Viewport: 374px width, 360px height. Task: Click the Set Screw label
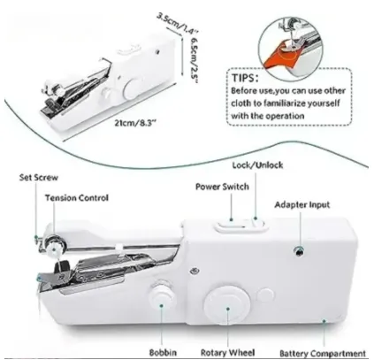pyautogui.click(x=39, y=178)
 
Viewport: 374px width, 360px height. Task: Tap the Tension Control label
pyautogui.click(x=77, y=198)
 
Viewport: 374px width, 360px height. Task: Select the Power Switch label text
pyautogui.click(x=222, y=187)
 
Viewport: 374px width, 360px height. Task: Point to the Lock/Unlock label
pyautogui.click(x=257, y=165)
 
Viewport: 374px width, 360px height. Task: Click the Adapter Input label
pyautogui.click(x=302, y=205)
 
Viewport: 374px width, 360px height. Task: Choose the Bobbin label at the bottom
pyautogui.click(x=163, y=352)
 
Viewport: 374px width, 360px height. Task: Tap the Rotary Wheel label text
pyautogui.click(x=227, y=353)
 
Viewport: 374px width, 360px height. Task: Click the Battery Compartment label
pyautogui.click(x=323, y=353)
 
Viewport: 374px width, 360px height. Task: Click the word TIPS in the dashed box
pyautogui.click(x=245, y=78)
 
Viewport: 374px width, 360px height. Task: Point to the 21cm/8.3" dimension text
pyautogui.click(x=135, y=123)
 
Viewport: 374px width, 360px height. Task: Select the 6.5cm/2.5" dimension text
pyautogui.click(x=194, y=60)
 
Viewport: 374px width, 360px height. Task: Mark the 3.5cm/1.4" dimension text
pyautogui.click(x=178, y=23)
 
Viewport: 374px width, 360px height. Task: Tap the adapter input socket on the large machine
pyautogui.click(x=299, y=251)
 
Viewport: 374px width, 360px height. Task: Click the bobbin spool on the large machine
pyautogui.click(x=161, y=295)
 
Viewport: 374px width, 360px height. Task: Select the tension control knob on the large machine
pyautogui.click(x=54, y=249)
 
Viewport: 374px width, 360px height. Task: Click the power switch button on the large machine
pyautogui.click(x=232, y=226)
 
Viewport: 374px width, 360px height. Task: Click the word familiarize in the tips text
pyautogui.click(x=284, y=103)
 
